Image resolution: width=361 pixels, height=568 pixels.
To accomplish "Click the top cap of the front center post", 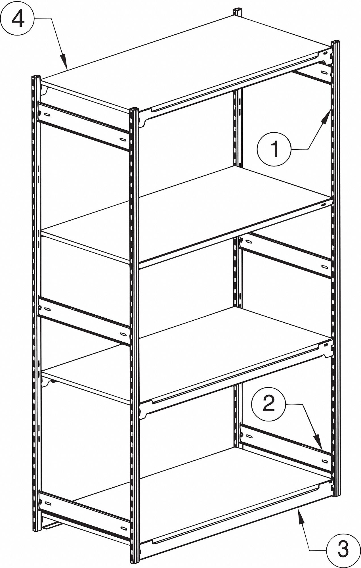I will point(134,109).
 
